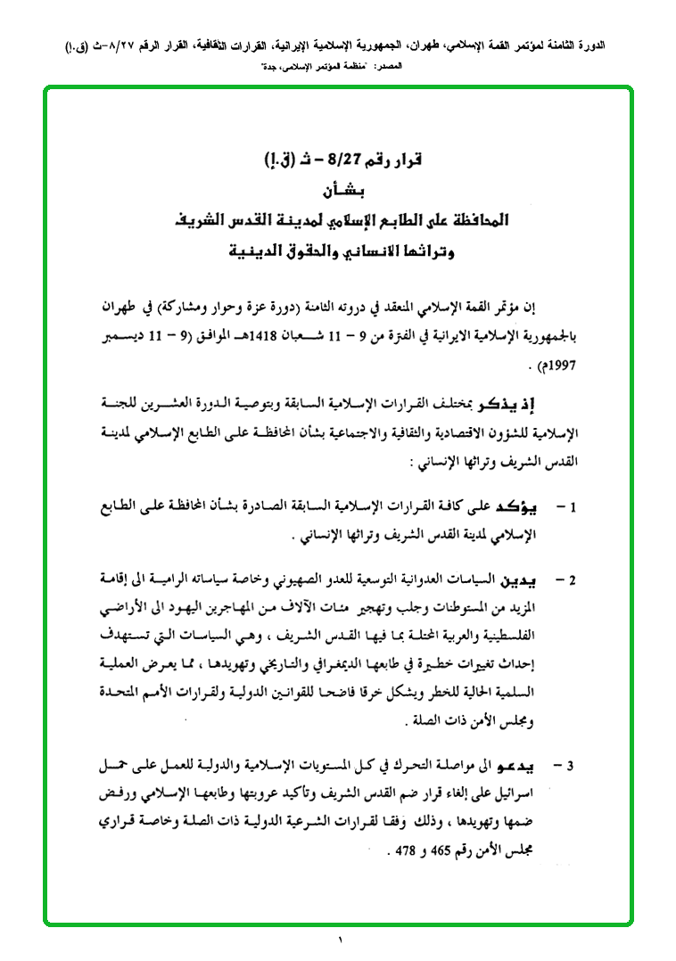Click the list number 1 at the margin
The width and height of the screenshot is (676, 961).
[575, 508]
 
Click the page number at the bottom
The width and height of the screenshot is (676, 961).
[338, 941]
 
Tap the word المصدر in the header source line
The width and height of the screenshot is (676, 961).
[417, 68]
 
